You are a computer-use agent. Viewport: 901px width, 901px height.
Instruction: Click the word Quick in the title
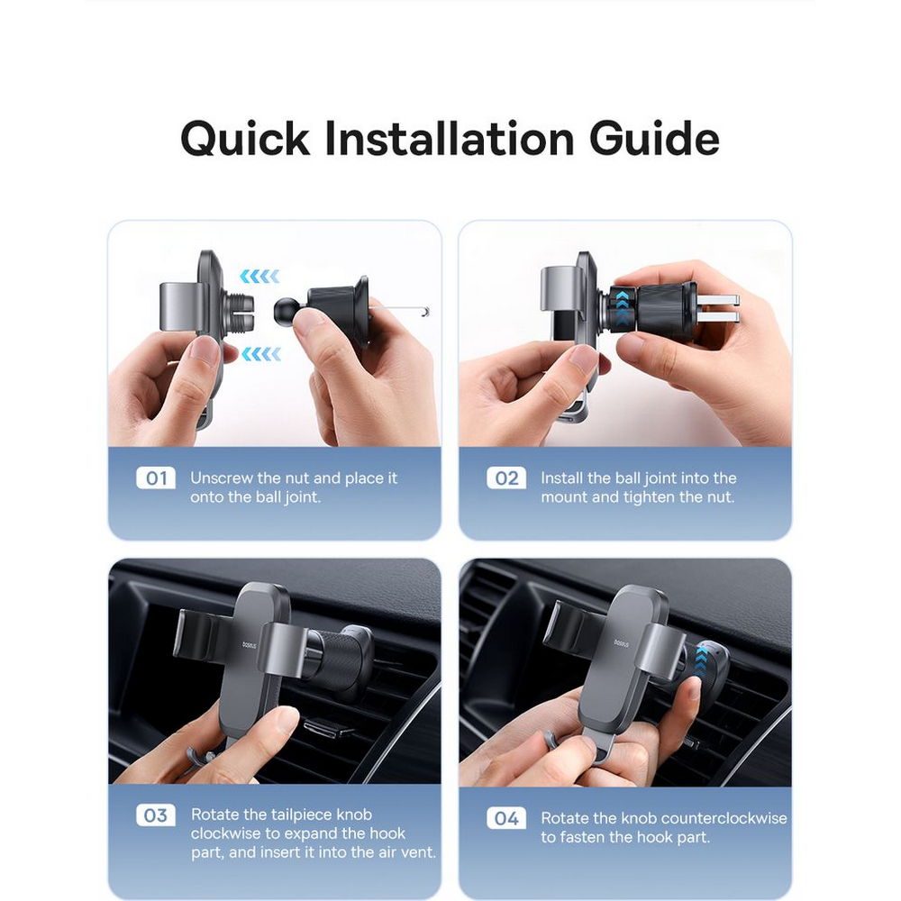pyautogui.click(x=245, y=140)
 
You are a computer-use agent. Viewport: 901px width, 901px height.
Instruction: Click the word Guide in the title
pyautogui.click(x=654, y=139)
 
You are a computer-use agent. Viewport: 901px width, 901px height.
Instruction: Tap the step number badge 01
pyautogui.click(x=156, y=478)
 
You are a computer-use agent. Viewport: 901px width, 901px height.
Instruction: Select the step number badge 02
pyautogui.click(x=506, y=478)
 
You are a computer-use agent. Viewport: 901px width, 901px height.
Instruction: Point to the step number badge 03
pyautogui.click(x=156, y=815)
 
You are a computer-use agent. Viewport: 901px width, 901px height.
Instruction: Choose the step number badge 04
pyautogui.click(x=506, y=818)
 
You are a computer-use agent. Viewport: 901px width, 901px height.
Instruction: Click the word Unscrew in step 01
pyautogui.click(x=222, y=478)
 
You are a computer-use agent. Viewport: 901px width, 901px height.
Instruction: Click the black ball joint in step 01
pyautogui.click(x=286, y=309)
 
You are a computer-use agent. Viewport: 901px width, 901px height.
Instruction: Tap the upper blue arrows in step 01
pyautogui.click(x=259, y=277)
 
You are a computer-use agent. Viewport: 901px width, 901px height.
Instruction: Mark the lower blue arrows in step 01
pyautogui.click(x=261, y=354)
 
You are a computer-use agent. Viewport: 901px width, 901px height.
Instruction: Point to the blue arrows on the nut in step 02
pyautogui.click(x=622, y=307)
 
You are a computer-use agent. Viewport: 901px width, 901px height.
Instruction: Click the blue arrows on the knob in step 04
pyautogui.click(x=701, y=660)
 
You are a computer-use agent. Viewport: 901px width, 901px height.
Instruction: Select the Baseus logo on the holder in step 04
pyautogui.click(x=621, y=644)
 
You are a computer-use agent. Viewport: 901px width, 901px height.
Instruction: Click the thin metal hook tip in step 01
pyautogui.click(x=426, y=312)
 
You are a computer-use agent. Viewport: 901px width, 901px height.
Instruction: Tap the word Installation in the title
pyautogui.click(x=450, y=140)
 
